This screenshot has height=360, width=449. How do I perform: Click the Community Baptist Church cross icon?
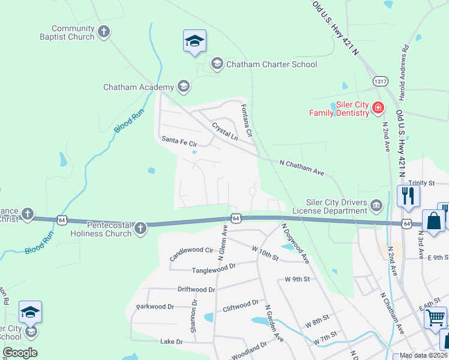click(104, 32)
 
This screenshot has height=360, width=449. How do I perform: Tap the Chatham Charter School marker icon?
click(217, 64)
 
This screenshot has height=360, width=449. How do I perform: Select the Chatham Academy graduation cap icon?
click(183, 87)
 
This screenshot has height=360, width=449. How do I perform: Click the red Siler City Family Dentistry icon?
click(378, 108)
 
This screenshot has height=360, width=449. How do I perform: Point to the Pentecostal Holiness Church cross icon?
click(140, 228)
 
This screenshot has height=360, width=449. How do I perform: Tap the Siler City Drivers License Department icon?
click(376, 206)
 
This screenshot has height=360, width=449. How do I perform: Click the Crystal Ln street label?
click(224, 132)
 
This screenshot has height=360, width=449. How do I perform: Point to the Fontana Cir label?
click(246, 120)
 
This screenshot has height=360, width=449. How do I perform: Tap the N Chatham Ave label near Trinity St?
click(302, 167)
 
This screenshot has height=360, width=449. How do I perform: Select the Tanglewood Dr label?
click(214, 271)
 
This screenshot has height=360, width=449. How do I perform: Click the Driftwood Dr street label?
click(196, 289)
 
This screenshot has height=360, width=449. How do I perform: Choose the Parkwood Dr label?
click(155, 307)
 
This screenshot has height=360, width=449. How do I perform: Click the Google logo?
click(20, 353)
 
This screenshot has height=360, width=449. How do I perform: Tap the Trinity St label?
click(421, 183)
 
